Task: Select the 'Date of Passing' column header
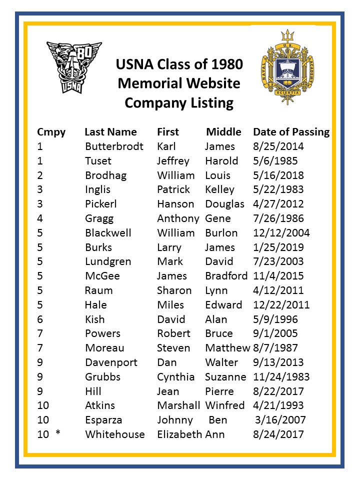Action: point(291,132)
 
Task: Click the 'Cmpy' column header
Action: point(51,132)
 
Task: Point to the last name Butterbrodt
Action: point(114,146)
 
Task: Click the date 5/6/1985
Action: point(275,161)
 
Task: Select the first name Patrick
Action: point(173,189)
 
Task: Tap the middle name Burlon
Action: point(221,233)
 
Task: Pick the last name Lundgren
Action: point(108,261)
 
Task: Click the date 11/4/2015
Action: point(278,276)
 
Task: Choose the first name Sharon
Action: point(174,290)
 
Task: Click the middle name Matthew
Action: point(227,348)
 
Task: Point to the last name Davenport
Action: point(111,362)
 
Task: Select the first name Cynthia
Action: point(176,377)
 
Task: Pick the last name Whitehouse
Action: point(115,434)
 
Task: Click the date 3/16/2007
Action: point(280,420)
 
